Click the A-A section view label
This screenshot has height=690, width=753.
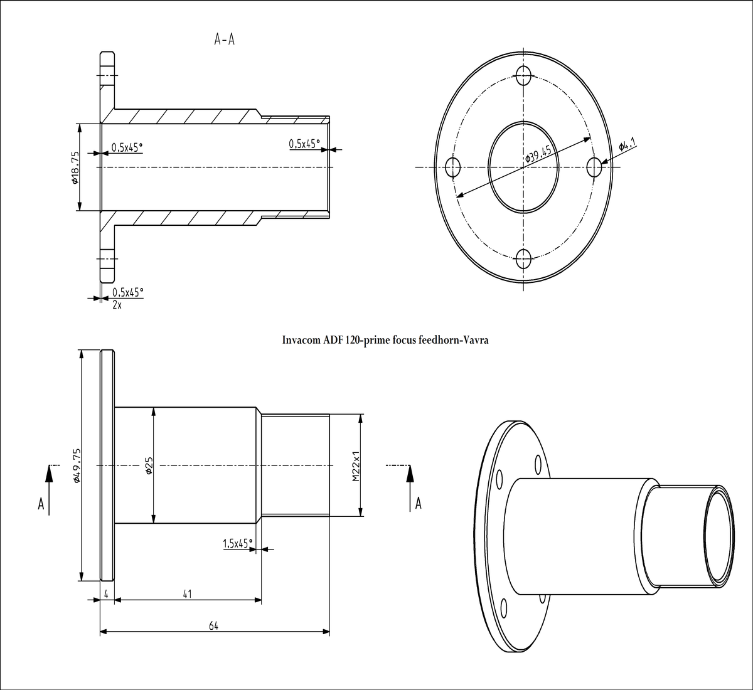tap(225, 40)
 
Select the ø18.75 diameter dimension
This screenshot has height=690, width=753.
tap(75, 167)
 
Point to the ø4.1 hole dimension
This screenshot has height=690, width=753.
tap(627, 146)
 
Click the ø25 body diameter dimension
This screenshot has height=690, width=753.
tap(149, 465)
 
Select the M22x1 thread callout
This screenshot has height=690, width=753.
tap(355, 465)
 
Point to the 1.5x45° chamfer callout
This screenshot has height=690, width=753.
tap(237, 543)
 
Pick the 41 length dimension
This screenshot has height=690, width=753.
tap(187, 593)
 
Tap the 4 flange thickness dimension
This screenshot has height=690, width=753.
tap(107, 593)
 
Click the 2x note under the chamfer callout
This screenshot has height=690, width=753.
tap(117, 305)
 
